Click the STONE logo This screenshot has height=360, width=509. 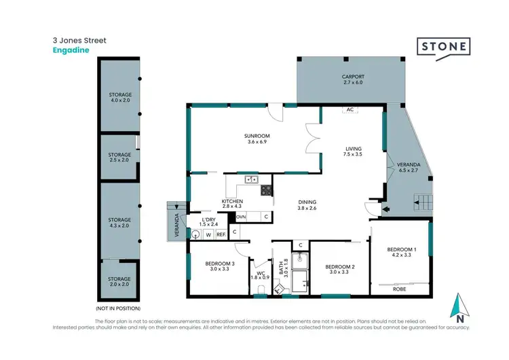443,47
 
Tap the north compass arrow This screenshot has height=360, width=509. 460,308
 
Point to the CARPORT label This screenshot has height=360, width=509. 353,77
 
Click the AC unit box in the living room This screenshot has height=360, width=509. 350,109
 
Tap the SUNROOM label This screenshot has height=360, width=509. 257,136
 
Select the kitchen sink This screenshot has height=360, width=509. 251,179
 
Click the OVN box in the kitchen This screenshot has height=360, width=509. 241,217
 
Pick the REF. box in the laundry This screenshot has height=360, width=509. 221,234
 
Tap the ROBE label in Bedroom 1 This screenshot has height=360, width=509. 400,289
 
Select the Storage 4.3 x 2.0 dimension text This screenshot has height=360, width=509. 120,225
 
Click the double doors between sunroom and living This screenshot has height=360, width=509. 312,139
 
